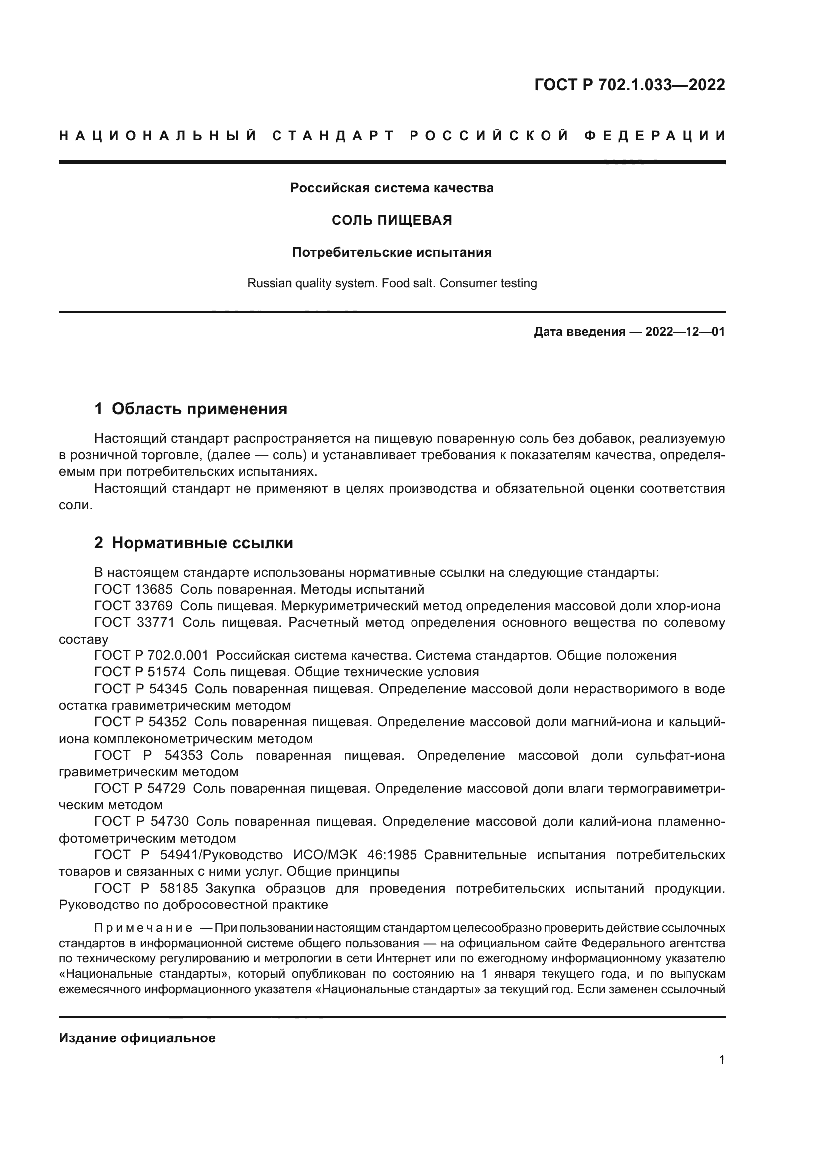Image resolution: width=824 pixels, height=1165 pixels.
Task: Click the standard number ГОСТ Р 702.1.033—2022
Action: (x=629, y=85)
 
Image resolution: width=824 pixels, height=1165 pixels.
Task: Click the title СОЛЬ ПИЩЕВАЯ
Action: (x=392, y=220)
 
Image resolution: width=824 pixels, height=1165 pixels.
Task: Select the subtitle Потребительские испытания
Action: (x=392, y=252)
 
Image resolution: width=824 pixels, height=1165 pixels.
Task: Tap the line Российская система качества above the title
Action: (x=392, y=188)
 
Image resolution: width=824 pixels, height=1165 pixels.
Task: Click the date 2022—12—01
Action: (x=685, y=332)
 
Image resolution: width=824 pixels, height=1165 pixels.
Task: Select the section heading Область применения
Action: (x=199, y=409)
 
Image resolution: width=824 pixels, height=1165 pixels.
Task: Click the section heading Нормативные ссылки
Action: (x=202, y=543)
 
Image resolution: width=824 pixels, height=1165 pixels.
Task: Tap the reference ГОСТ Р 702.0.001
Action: (x=151, y=655)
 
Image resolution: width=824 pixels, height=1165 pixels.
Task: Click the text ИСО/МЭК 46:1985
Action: (x=355, y=855)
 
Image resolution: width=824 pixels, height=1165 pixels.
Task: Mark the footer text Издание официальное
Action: (x=137, y=1038)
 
